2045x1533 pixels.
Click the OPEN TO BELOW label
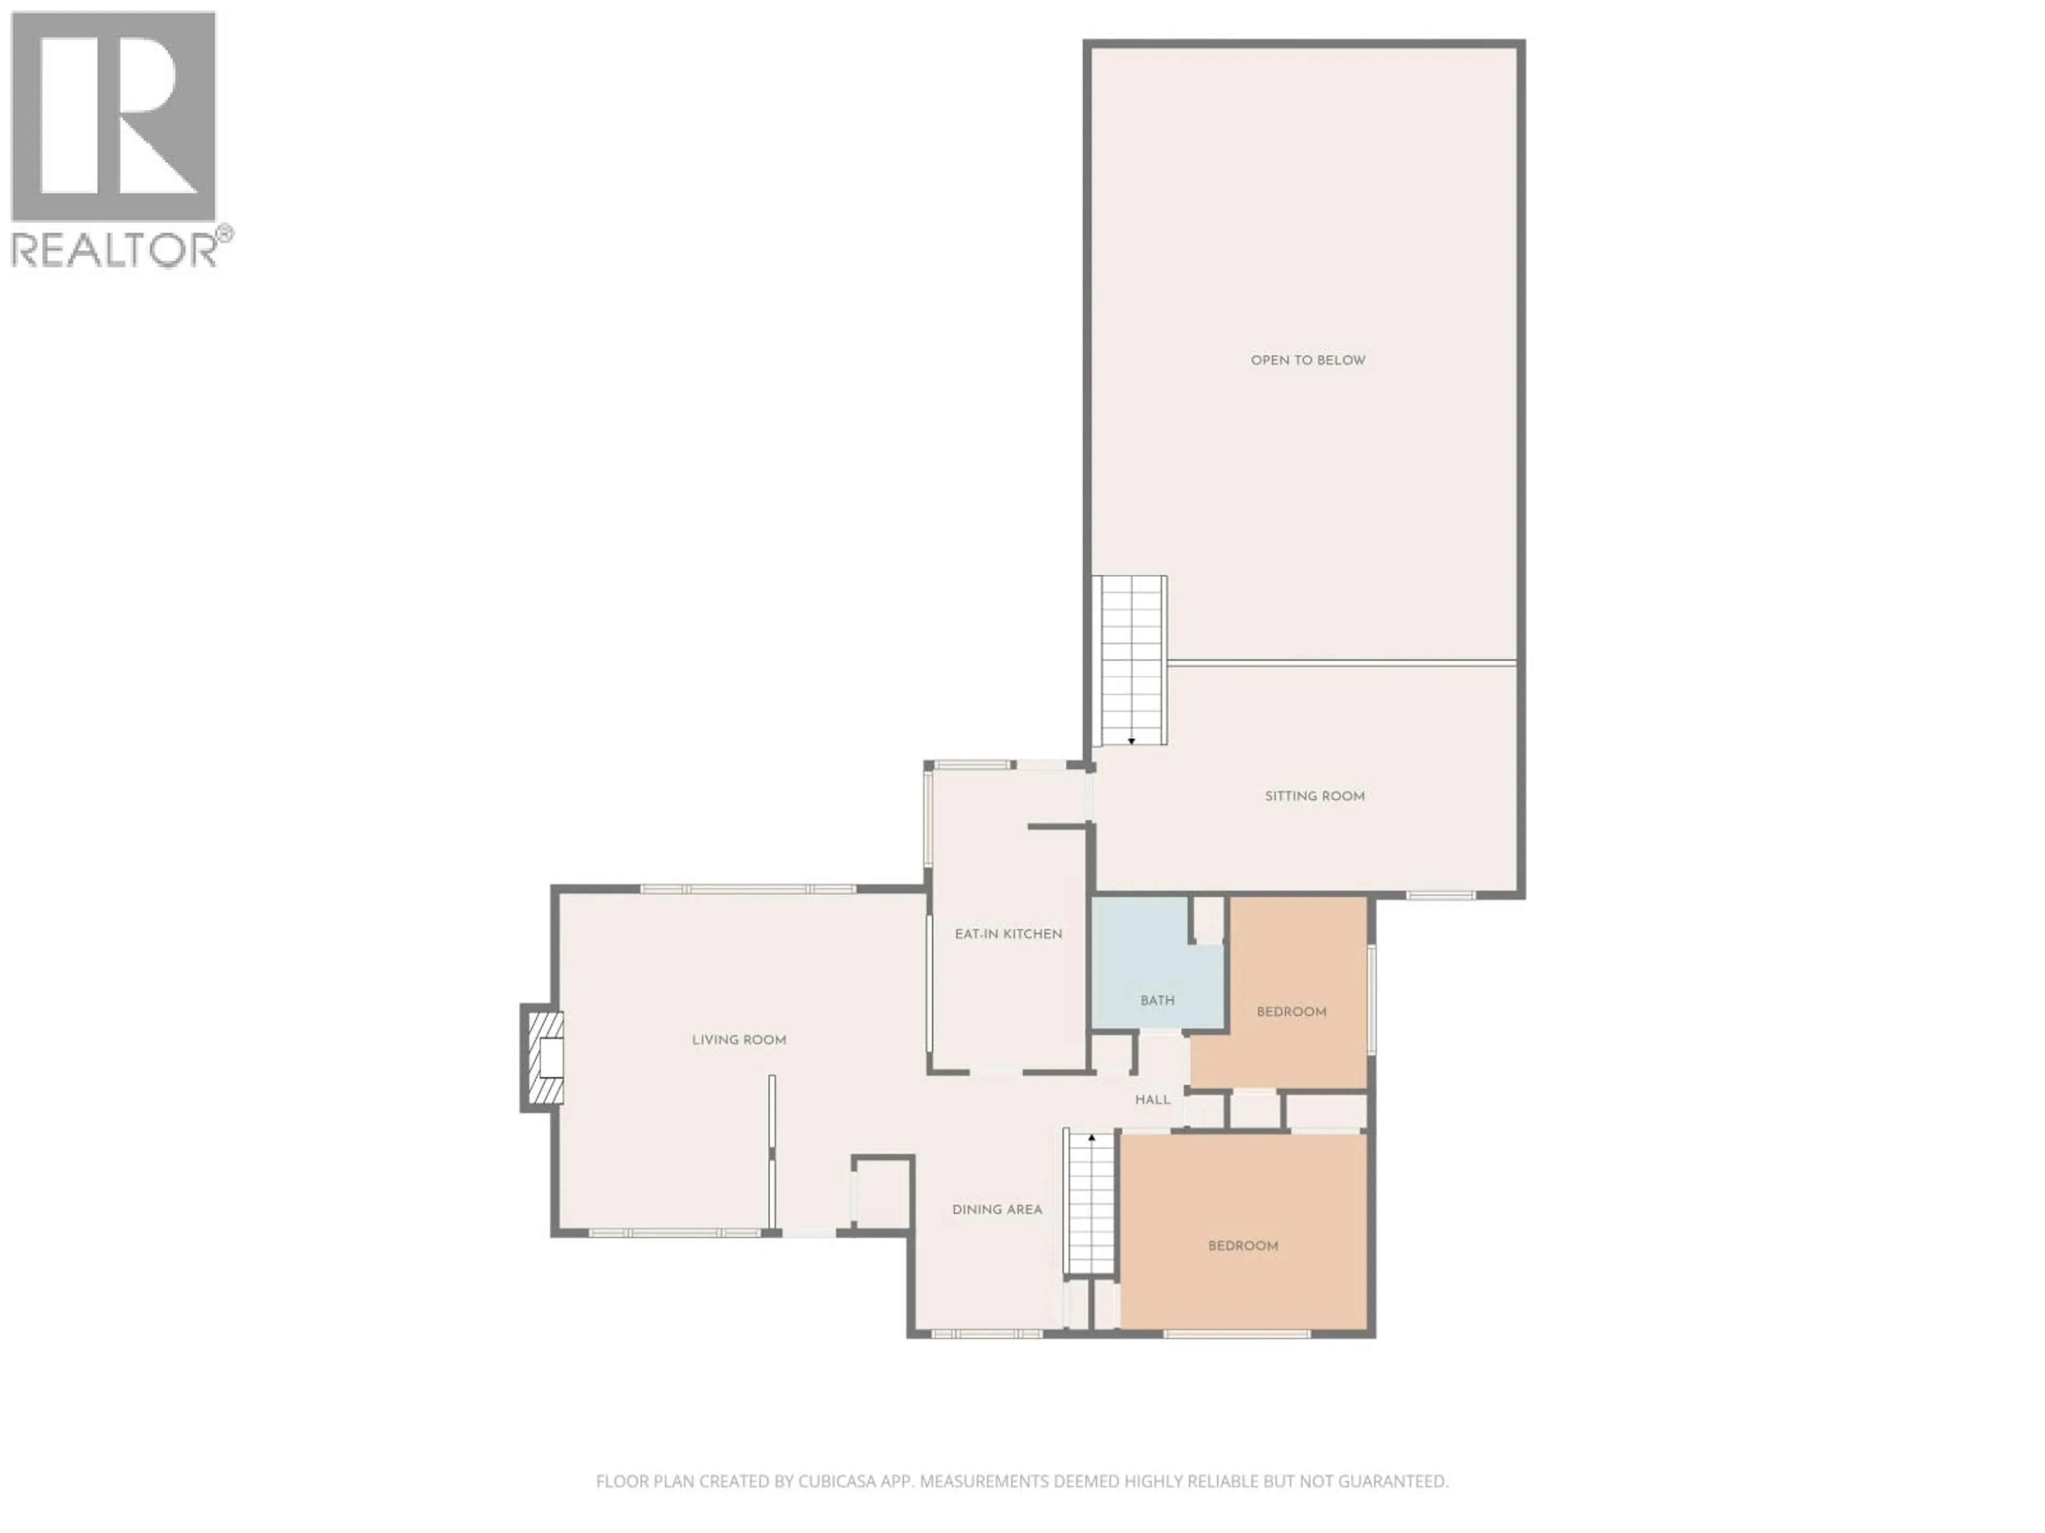pos(1307,360)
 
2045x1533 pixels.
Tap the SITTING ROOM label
pos(1314,796)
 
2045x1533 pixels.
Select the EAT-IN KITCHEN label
pos(1008,934)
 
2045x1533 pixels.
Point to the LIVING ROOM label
pos(739,1041)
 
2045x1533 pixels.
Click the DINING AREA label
pos(996,1209)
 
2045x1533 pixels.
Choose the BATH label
pos(1157,1001)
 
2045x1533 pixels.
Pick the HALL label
pos(1152,1100)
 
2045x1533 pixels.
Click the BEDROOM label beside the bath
pos(1290,1012)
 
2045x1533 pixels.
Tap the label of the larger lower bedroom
pos(1242,1246)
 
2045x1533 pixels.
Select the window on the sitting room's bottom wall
pos(1441,894)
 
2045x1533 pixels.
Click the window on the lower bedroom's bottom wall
pos(1236,1333)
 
